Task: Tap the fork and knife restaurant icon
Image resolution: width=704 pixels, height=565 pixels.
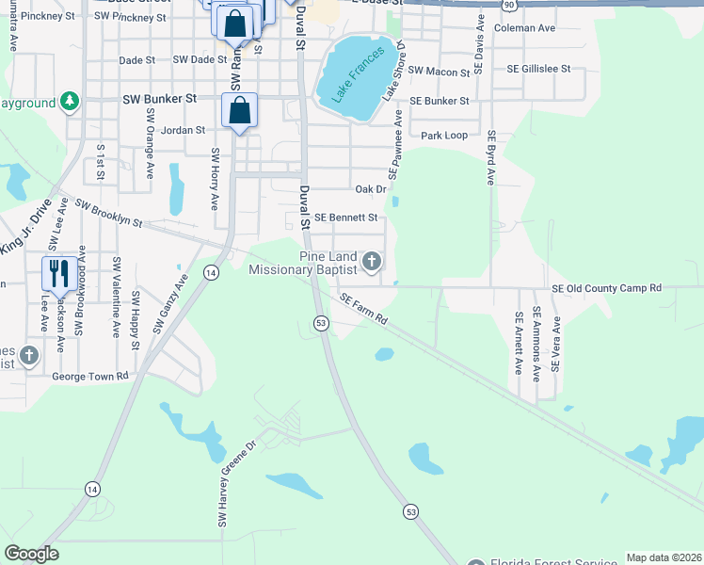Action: point(58,273)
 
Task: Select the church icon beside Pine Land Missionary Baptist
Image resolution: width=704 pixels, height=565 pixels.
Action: point(372,260)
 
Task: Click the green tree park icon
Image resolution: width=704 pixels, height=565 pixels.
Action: point(69,100)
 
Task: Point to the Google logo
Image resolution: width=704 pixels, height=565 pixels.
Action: point(32,554)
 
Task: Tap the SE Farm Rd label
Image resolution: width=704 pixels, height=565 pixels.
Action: point(363,308)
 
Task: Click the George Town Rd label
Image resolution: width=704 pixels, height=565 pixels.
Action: point(90,376)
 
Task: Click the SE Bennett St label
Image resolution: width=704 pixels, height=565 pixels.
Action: point(345,218)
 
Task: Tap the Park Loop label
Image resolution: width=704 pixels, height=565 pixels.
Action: point(444,136)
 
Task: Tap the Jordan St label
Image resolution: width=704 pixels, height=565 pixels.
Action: point(183,130)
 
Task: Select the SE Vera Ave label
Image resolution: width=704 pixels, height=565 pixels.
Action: point(556,344)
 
